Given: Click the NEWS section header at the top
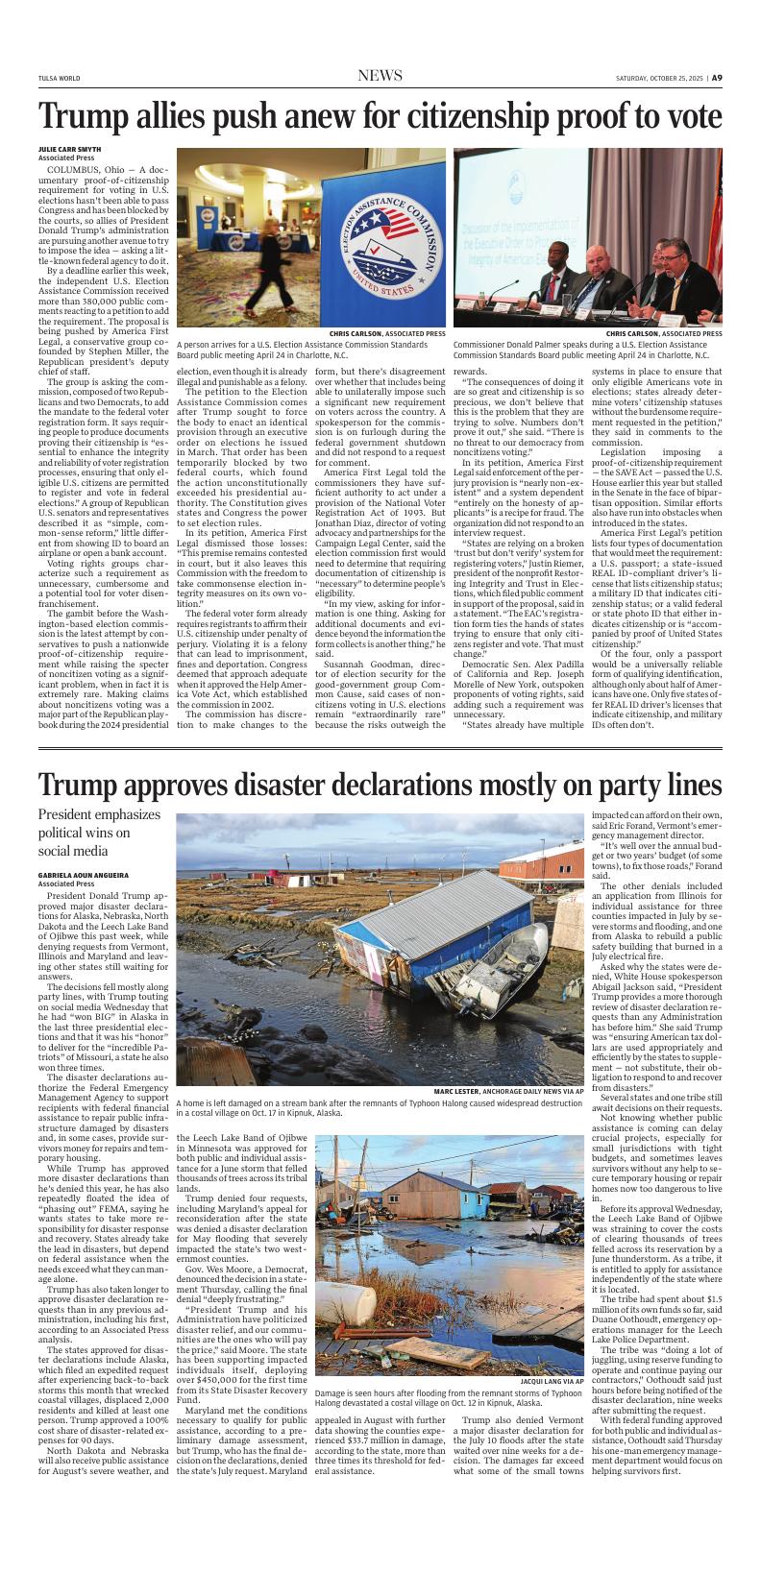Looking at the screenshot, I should pos(380,77).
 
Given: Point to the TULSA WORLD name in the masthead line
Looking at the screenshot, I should pos(59,79).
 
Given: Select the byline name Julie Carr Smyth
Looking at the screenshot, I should pos(69,150).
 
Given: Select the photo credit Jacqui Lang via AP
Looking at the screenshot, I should pos(551,1381).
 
